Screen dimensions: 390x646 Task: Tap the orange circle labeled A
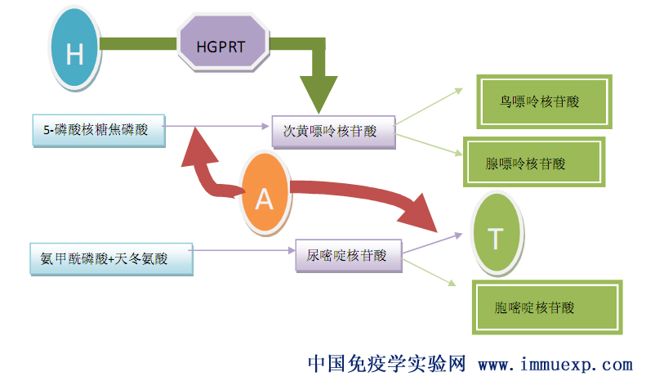tap(264, 199)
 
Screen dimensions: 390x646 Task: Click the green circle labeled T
tap(496, 237)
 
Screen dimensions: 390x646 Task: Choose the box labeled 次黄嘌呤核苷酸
tap(333, 131)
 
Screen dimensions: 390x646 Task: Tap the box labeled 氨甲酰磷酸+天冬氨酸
tap(110, 258)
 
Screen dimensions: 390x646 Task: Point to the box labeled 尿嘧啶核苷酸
tap(348, 255)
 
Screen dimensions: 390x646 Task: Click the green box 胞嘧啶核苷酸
tap(546, 307)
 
